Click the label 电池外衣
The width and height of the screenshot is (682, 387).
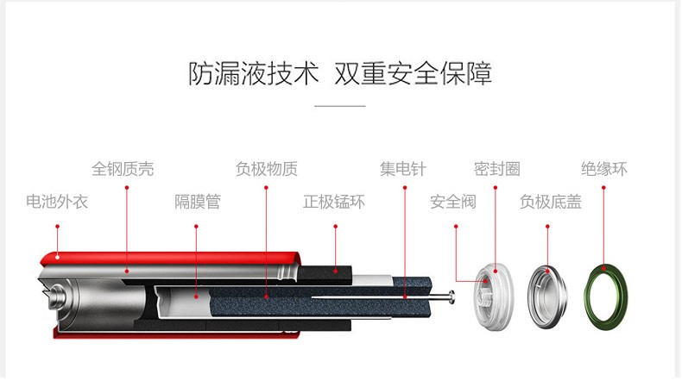57,202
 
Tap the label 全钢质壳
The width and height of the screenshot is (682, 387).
123,169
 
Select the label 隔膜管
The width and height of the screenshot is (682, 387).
198,202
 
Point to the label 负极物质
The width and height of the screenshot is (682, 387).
267,169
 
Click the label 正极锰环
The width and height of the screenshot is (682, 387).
334,202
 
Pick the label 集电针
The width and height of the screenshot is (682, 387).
403,169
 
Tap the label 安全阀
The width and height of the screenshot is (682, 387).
453,202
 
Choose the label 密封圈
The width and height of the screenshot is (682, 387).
497,169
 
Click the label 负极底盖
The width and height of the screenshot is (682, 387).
551,202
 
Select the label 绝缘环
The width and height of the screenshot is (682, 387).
604,169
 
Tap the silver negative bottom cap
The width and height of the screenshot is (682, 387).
547,297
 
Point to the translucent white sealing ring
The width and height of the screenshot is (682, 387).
494,297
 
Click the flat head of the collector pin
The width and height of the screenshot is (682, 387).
452,297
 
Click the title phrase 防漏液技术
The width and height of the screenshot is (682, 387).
254,73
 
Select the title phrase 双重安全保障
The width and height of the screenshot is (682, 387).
414,73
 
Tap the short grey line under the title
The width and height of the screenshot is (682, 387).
340,105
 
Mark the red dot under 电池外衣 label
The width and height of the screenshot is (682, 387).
58,227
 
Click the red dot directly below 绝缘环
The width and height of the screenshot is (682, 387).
603,188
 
